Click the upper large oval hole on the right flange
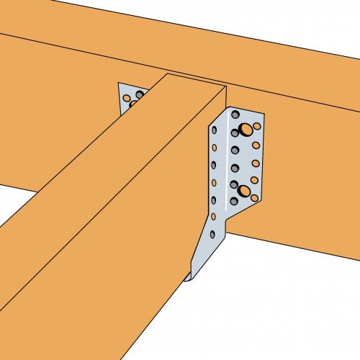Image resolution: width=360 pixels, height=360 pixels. click(x=246, y=130)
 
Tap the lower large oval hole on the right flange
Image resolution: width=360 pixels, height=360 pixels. click(x=244, y=191)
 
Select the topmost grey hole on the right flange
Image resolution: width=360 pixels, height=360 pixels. click(x=235, y=114)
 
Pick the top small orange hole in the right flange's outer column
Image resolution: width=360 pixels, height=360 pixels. click(x=257, y=126)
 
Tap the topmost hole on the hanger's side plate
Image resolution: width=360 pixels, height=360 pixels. click(x=214, y=130)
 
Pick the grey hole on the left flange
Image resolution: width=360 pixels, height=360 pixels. click(x=139, y=95)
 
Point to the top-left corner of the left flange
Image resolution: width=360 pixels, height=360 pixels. click(x=119, y=83)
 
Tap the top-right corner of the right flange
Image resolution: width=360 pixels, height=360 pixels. click(x=264, y=114)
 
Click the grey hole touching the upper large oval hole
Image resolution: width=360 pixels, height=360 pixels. click(x=235, y=133)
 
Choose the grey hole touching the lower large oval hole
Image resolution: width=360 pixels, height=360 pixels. click(x=234, y=184)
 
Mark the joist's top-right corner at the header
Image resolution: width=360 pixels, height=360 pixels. click(x=226, y=86)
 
